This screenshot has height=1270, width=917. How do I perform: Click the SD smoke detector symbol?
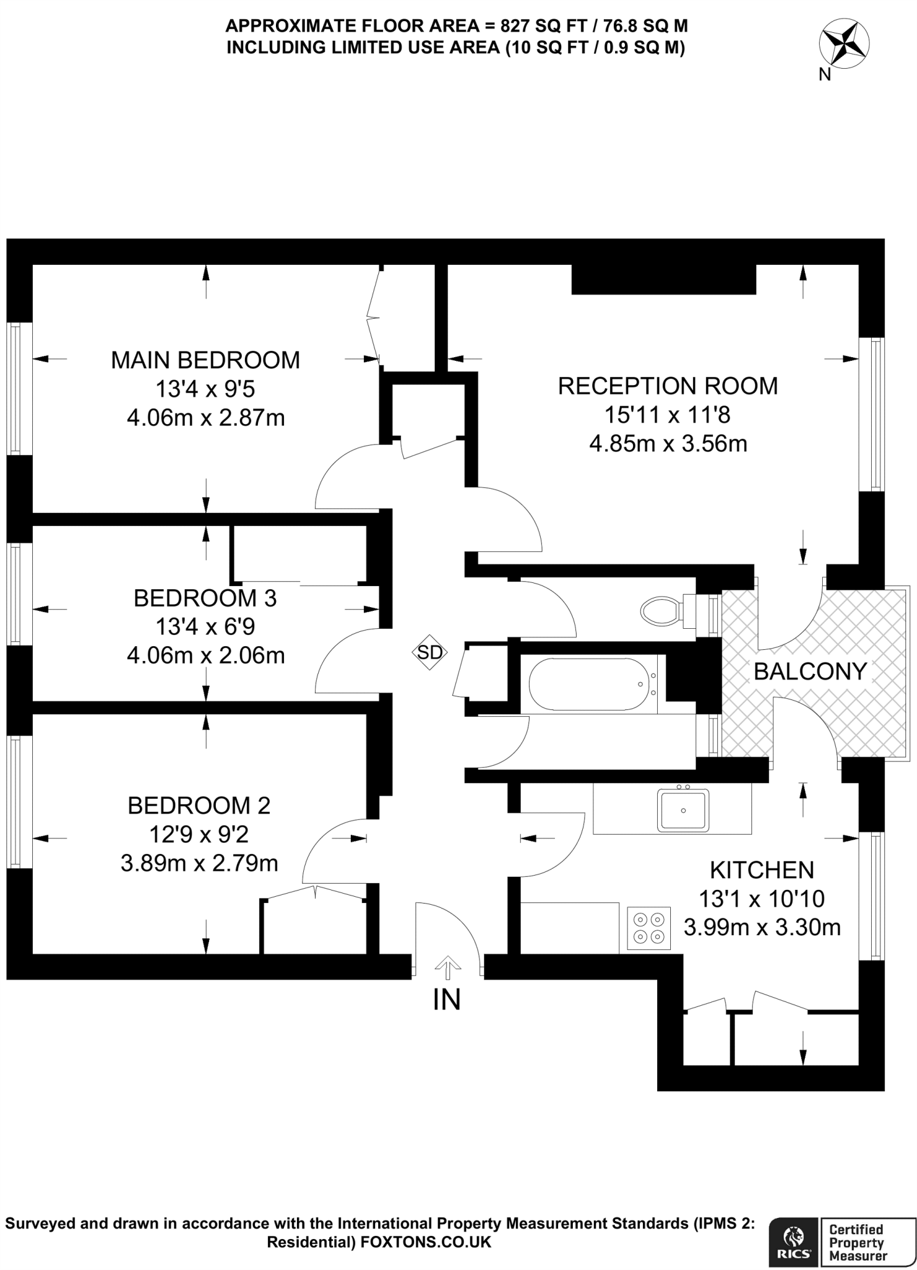tap(430, 652)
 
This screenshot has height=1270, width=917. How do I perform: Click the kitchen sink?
tap(683, 809)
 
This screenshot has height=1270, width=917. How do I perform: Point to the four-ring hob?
tap(649, 928)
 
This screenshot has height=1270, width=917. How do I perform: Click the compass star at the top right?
tap(844, 44)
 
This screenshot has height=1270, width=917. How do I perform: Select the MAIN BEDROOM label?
tap(205, 360)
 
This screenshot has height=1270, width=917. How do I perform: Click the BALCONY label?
tap(810, 671)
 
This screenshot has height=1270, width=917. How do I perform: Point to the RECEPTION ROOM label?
tap(668, 386)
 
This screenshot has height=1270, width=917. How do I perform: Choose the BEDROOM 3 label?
tap(205, 598)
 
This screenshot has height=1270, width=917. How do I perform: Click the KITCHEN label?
tap(761, 870)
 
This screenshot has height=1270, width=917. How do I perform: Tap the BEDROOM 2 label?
tap(199, 806)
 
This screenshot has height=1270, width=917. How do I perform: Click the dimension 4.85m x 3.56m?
tap(668, 444)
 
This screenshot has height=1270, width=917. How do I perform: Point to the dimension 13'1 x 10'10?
tap(761, 899)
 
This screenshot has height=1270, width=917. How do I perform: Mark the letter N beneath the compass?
tap(824, 75)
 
